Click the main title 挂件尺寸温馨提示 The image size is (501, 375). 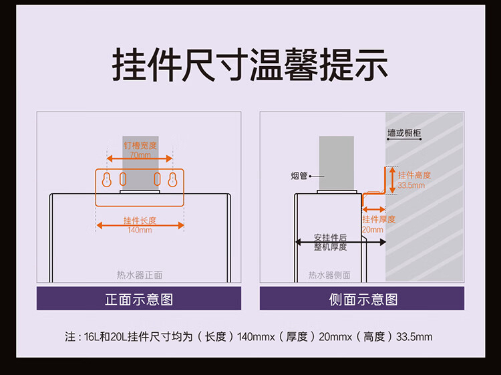pos(251,66)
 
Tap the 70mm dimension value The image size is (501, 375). pos(140,154)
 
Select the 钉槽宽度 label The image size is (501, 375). pos(140,146)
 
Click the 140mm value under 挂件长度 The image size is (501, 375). pos(140,231)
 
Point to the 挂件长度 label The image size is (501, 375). pos(140,221)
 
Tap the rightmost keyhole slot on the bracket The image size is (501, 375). pos(173,179)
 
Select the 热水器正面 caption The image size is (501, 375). pos(139,275)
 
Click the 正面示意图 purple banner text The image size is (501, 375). pos(139,299)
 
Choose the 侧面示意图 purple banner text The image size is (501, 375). pos(363,299)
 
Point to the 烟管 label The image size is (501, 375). pos(299,176)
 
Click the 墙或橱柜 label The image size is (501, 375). pos(405,134)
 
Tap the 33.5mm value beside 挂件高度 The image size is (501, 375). pos(411,184)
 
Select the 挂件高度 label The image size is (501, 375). pos(414,175)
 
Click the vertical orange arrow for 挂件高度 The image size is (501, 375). pos(393,179)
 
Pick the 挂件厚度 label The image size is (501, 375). pos(379,219)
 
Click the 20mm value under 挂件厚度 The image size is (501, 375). pos(373,229)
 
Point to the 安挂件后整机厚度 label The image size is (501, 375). pos(330,242)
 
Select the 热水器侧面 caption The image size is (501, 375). pos(329,275)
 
